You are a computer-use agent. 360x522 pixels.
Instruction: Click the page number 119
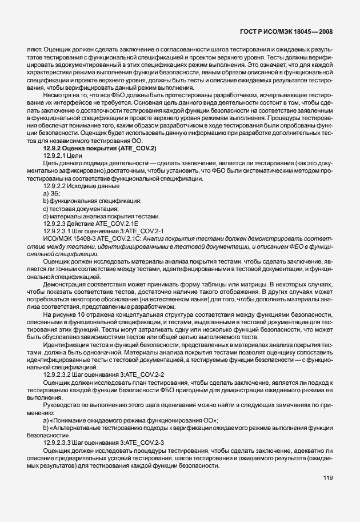click(327, 494)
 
